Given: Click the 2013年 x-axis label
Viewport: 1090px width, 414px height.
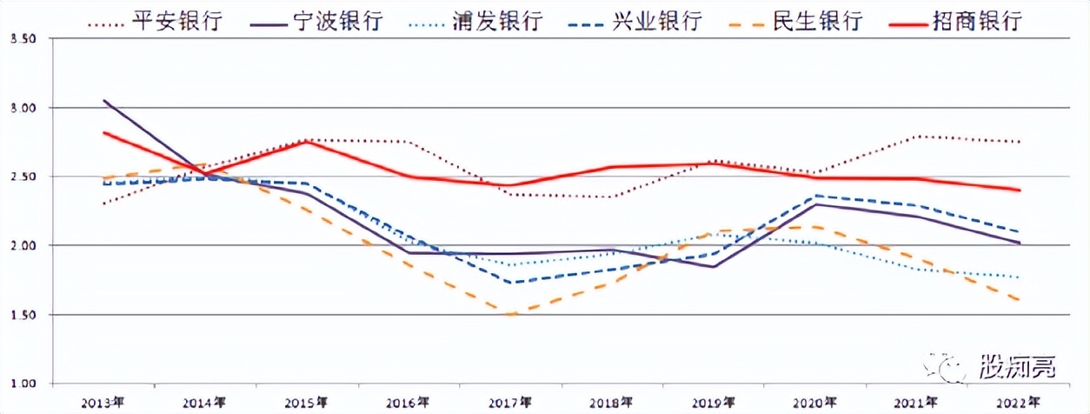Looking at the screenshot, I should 103,402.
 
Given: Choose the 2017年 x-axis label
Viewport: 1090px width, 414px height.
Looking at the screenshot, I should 509,402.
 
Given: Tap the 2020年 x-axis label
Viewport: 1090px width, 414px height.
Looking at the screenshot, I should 814,402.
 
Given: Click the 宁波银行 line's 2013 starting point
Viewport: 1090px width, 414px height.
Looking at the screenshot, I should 104,101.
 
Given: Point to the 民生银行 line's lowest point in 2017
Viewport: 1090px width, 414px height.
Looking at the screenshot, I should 509,315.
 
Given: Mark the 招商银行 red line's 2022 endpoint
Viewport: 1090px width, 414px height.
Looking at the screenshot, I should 1019,190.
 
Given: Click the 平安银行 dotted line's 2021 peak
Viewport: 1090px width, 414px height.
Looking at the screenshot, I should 917,137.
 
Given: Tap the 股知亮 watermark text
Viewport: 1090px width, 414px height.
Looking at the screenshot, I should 1016,367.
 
